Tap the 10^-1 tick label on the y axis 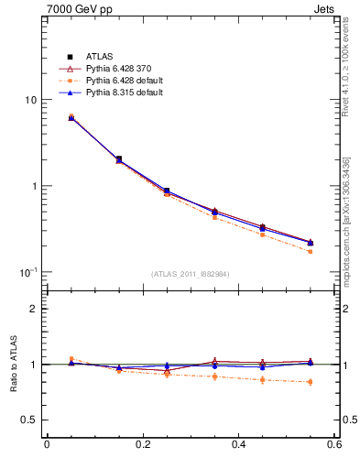(x=28, y=272)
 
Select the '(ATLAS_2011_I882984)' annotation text (x=191, y=274)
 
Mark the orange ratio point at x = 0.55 (x=311, y=382)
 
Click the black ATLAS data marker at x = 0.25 (x=167, y=191)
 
